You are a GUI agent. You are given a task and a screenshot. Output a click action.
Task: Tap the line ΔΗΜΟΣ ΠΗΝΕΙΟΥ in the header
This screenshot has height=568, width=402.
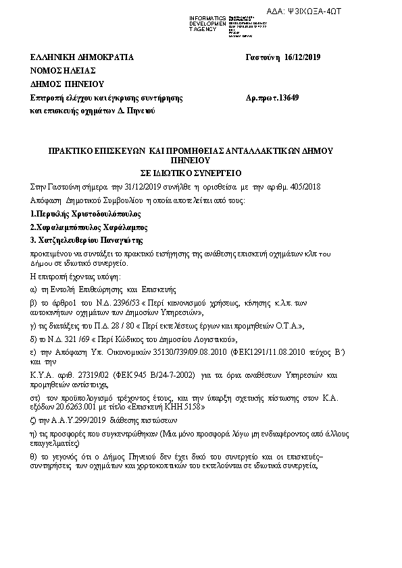tap(66, 84)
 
